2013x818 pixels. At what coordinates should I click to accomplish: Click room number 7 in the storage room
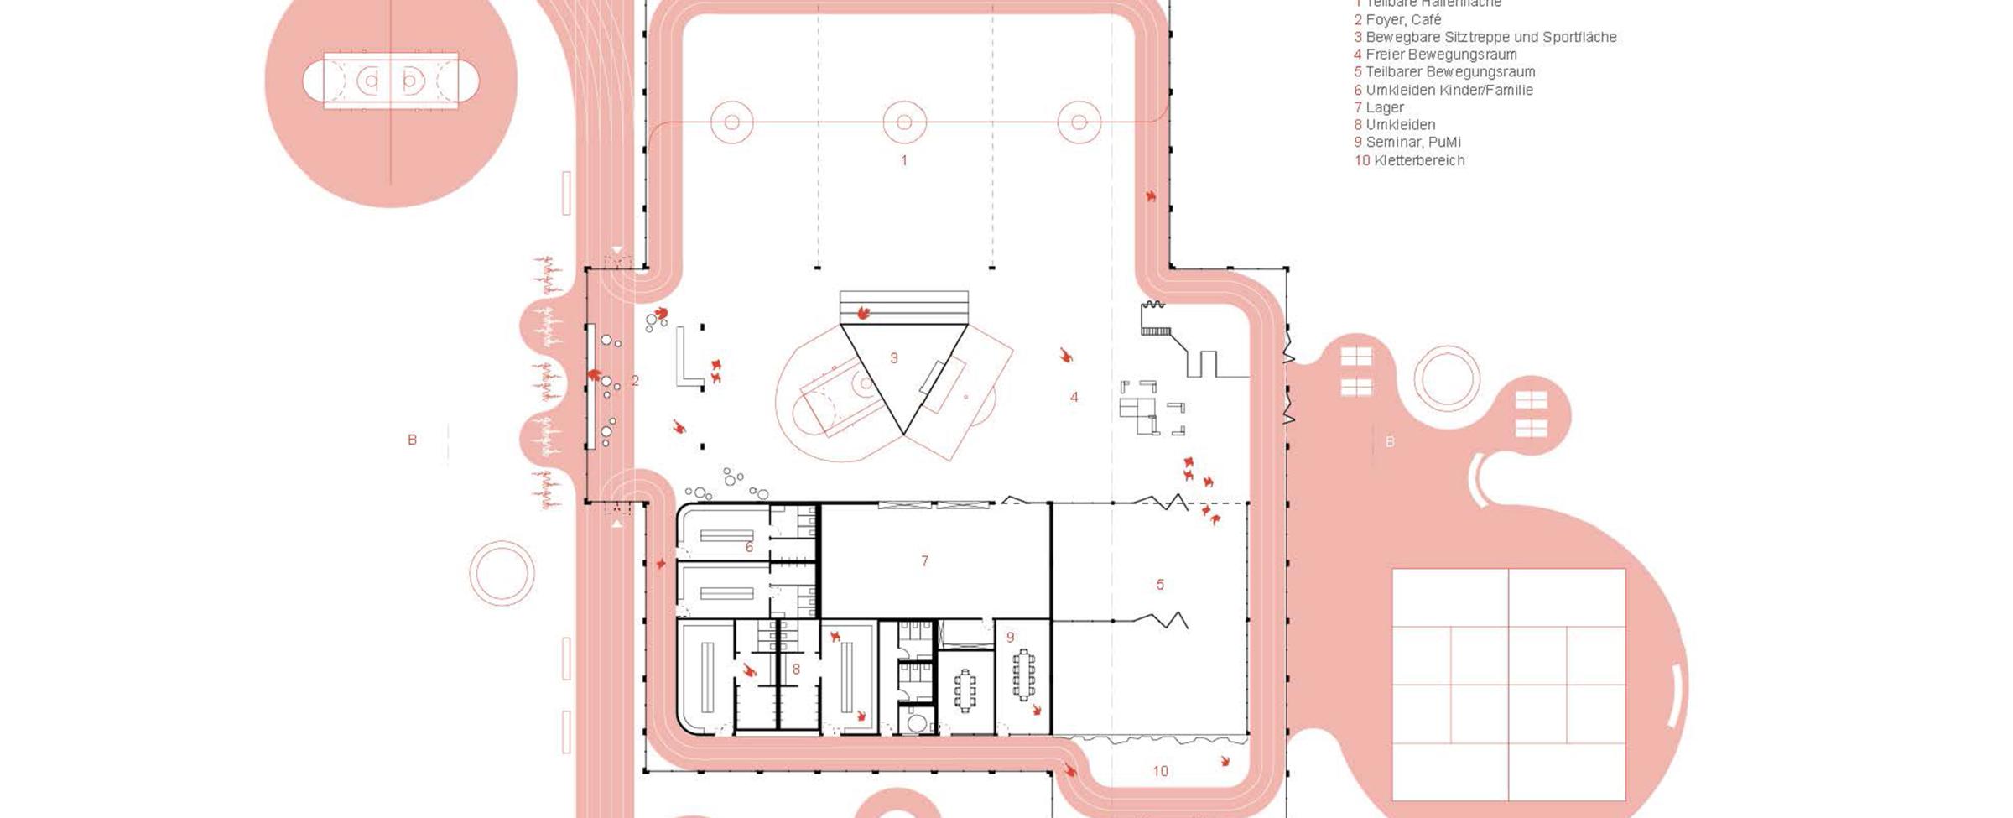[x=924, y=561]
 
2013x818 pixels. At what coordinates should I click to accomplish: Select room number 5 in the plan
[x=1160, y=585]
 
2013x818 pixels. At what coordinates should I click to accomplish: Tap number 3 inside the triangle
[x=894, y=358]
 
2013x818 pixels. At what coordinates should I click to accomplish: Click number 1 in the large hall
[x=904, y=160]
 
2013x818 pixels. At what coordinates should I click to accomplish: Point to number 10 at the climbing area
[x=1160, y=771]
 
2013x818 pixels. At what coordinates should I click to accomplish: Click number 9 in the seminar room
[x=1011, y=638]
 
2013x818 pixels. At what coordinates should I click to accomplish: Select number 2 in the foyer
[x=635, y=381]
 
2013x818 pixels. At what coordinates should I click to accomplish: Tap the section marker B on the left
[x=412, y=440]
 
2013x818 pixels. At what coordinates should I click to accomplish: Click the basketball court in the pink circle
[x=391, y=81]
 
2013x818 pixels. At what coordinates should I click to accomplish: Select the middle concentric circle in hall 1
[x=904, y=122]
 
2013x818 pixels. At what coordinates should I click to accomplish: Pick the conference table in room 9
[x=1023, y=674]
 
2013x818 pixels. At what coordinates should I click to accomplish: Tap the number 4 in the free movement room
[x=1074, y=398]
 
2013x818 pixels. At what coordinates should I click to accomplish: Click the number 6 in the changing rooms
[x=749, y=548]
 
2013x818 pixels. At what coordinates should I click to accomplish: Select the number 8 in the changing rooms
[x=796, y=670]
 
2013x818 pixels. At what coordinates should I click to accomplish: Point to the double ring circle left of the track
[x=502, y=573]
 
